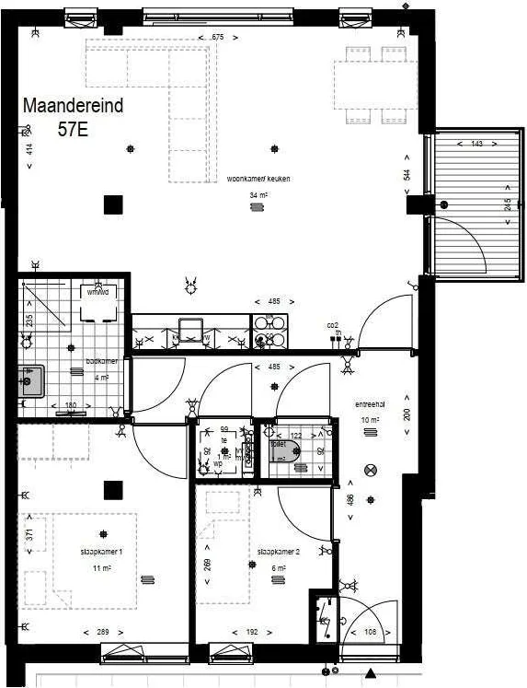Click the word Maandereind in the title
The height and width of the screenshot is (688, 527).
[x=73, y=107]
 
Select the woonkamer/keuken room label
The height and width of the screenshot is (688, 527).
[x=258, y=179]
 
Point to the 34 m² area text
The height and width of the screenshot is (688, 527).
[x=258, y=195]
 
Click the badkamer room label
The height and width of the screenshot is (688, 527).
[x=97, y=362]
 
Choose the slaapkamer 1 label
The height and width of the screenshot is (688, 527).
[x=101, y=552]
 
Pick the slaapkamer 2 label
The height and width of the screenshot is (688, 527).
[x=278, y=552]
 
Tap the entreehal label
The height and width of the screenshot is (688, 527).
[x=371, y=405]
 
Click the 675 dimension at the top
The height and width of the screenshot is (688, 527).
[x=218, y=37]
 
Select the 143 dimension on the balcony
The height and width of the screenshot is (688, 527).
[x=476, y=145]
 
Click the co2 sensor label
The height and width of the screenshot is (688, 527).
[x=333, y=325]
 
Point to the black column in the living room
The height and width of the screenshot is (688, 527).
[x=113, y=204]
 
